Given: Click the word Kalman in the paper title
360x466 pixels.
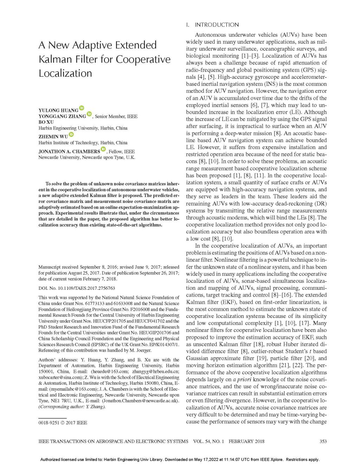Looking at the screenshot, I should click(x=57, y=59).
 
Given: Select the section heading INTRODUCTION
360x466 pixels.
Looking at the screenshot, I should click(x=217, y=25).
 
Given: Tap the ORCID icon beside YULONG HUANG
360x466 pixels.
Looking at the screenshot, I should click(x=82, y=108).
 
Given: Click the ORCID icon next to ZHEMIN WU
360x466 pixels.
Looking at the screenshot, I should click(x=71, y=134).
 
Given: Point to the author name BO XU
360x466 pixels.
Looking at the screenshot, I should click(x=46, y=122).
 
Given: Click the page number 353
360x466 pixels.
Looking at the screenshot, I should click(x=323, y=441).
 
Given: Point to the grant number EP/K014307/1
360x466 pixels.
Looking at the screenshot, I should click(x=162, y=344).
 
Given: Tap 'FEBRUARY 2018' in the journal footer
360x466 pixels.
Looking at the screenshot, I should click(x=246, y=441).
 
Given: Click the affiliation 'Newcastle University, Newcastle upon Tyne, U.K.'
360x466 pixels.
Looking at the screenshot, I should click(x=86, y=158).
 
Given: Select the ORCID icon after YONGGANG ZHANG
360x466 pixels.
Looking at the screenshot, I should click(x=89, y=114).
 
